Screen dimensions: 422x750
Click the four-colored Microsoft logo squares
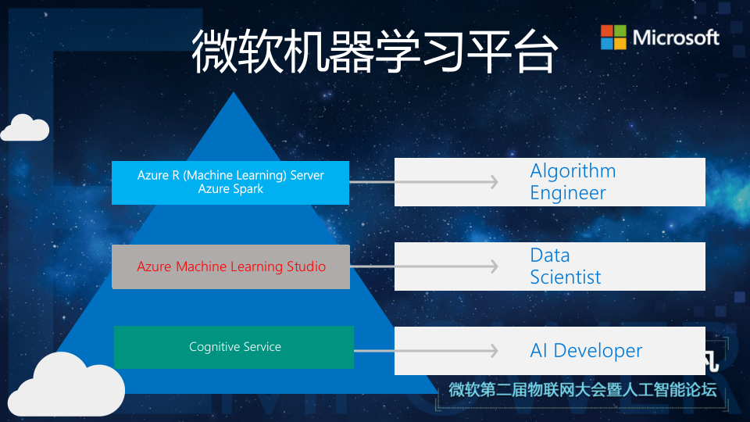tap(613, 37)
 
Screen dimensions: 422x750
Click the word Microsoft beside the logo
tap(676, 37)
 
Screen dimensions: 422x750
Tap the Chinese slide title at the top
tap(375, 52)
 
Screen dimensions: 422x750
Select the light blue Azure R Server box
tap(230, 183)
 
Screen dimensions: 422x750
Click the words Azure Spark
tap(230, 189)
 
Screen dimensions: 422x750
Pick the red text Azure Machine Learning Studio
tap(231, 266)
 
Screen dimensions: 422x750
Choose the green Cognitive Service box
tap(234, 347)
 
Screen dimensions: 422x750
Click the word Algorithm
tap(573, 171)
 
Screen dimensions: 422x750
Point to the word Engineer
tap(568, 193)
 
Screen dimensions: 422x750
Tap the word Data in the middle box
tap(550, 256)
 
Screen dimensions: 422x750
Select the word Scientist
tap(566, 277)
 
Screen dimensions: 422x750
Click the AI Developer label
tap(586, 351)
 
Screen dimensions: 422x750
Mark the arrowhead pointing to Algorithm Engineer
tap(493, 182)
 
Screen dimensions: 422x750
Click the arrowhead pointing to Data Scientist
tap(493, 266)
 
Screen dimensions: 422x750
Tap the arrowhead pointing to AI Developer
tap(493, 351)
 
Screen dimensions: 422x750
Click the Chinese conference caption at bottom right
tap(582, 390)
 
